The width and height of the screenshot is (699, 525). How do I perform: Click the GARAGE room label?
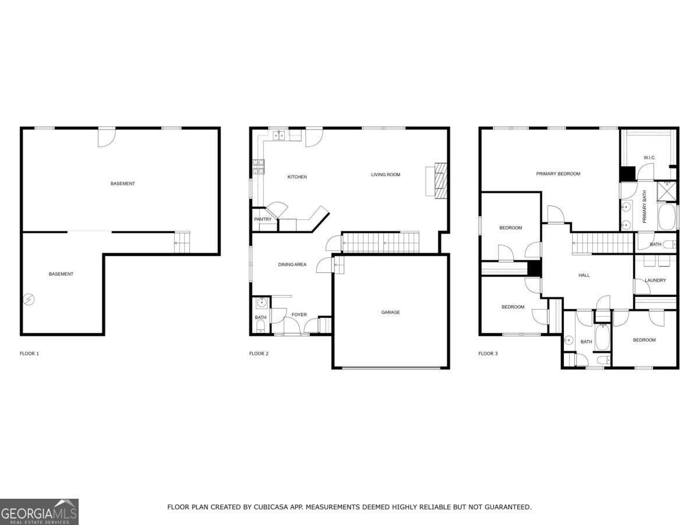click(x=390, y=313)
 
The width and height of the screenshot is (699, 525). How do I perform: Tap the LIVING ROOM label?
click(x=386, y=174)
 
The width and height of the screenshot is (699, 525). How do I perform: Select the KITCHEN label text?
click(x=297, y=177)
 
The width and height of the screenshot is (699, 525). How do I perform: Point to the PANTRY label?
click(x=263, y=219)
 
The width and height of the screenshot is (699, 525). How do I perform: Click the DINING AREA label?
click(x=292, y=265)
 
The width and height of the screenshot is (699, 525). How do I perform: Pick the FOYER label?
click(x=299, y=314)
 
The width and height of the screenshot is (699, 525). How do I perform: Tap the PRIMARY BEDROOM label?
click(x=558, y=174)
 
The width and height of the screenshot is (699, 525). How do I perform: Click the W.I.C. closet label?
click(x=649, y=157)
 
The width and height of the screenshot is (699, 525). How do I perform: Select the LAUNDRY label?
click(x=655, y=281)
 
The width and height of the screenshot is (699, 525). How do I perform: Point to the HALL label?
click(x=584, y=275)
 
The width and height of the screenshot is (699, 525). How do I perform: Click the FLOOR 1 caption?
click(x=29, y=353)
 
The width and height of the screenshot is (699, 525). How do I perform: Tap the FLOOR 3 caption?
click(x=488, y=353)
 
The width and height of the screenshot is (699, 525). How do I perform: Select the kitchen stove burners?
click(x=259, y=167)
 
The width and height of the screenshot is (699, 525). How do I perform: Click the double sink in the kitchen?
click(x=279, y=135)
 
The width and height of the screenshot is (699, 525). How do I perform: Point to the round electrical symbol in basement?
click(x=29, y=299)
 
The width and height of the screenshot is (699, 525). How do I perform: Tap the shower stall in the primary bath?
click(x=667, y=191)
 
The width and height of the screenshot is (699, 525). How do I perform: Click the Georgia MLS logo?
click(x=39, y=512)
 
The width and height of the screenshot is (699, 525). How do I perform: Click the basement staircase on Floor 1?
click(x=182, y=243)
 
